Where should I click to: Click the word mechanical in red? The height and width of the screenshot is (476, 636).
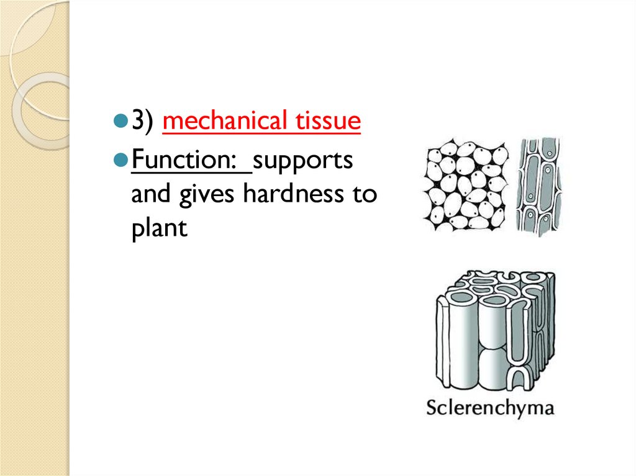coord(216,120)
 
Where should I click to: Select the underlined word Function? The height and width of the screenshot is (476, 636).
coord(191,161)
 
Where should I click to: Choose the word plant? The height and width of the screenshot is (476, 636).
coord(158,228)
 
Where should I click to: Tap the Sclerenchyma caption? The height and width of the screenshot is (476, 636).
coord(489,408)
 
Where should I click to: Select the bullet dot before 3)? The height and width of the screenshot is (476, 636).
coord(120,121)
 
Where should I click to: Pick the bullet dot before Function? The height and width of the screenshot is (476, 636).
coord(120,161)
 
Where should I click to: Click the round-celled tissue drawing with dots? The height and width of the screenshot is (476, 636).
coord(465,186)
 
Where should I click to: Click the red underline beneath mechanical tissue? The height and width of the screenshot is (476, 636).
coord(261,133)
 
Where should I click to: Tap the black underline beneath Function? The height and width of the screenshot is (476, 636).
coord(191,174)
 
